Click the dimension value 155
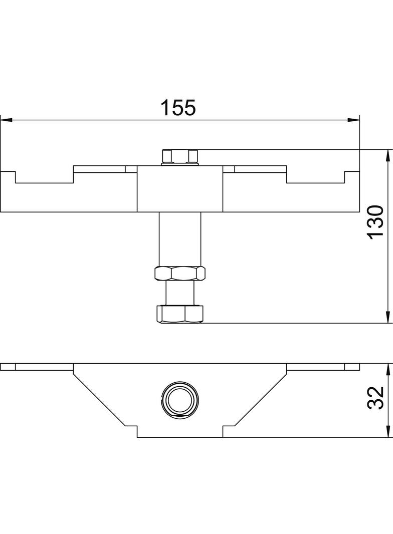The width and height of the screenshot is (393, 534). pyautogui.click(x=177, y=108)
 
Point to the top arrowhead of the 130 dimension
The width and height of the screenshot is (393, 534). pyautogui.click(x=387, y=155)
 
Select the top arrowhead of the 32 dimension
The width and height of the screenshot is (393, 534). pyautogui.click(x=387, y=370)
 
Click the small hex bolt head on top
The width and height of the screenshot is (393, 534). pyautogui.click(x=180, y=156)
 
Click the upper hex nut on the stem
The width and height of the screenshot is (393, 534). pyautogui.click(x=180, y=274)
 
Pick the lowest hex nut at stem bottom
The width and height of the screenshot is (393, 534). pyautogui.click(x=180, y=314)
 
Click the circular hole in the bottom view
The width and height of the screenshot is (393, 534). pyautogui.click(x=180, y=401)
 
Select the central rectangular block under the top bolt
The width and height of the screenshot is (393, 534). pyautogui.click(x=180, y=189)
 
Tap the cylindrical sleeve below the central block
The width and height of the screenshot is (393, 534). pyautogui.click(x=180, y=238)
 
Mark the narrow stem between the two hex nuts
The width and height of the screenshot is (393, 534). pyautogui.click(x=180, y=293)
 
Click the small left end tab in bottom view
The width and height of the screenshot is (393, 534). pyautogui.click(x=8, y=367)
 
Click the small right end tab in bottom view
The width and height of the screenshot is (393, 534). pyautogui.click(x=352, y=367)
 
